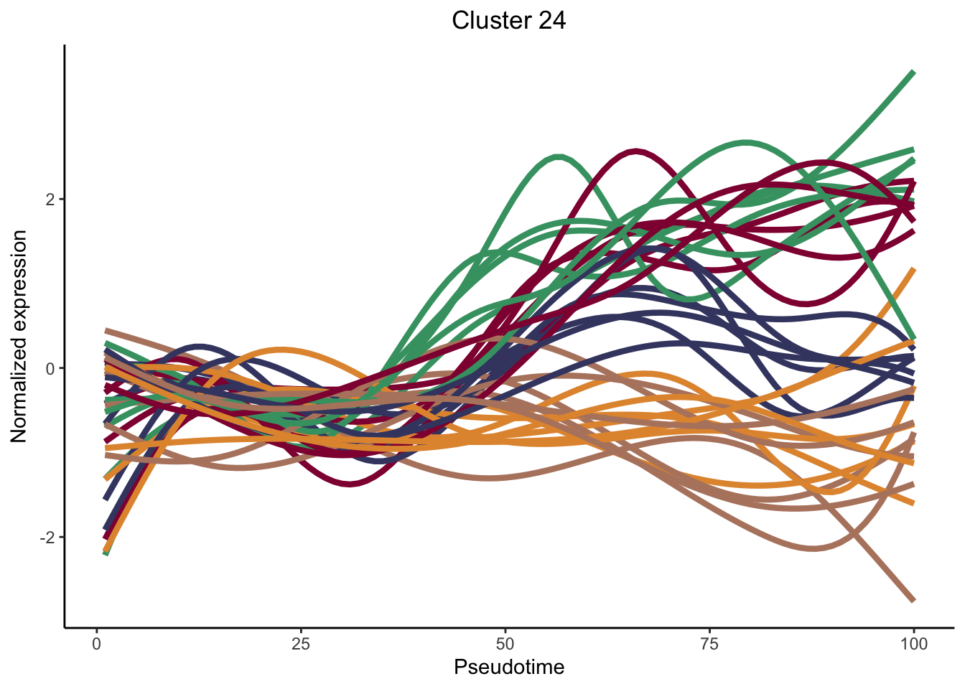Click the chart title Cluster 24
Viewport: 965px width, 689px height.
508,20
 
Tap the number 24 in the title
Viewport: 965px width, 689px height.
550,20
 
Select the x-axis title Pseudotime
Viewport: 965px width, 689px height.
508,667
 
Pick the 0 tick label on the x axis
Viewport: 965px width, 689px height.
96,644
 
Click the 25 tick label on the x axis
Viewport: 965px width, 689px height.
301,644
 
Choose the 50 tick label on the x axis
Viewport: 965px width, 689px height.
505,644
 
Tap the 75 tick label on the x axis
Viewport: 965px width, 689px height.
709,644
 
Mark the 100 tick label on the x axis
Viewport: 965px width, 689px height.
913,644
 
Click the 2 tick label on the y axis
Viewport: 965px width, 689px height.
50,200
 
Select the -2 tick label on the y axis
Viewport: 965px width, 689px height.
47,538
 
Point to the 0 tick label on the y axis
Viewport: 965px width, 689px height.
50,369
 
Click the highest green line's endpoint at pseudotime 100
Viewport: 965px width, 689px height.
913,72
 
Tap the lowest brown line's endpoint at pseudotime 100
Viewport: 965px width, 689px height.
913,599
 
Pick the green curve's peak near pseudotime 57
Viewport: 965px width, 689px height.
559,156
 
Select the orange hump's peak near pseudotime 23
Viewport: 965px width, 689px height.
281,350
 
